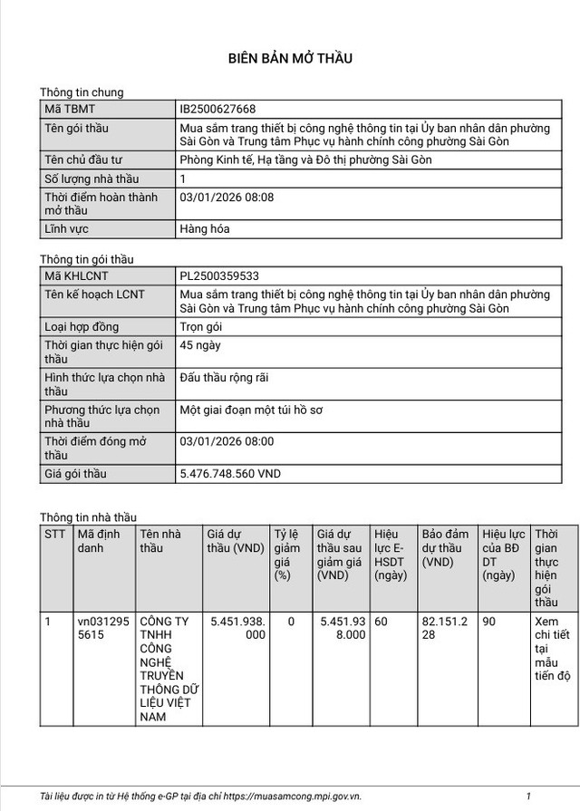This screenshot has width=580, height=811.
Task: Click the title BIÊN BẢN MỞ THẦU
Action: pos(289,59)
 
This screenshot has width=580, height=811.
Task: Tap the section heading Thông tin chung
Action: pos(82,92)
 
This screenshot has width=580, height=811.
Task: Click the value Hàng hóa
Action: pos(205,229)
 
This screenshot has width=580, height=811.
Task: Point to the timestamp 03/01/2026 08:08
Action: pos(227,197)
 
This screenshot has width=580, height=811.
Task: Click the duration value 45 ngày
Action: pos(200,345)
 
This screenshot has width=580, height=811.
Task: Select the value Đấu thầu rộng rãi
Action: pos(225,377)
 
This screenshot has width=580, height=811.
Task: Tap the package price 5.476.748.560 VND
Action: pos(230,474)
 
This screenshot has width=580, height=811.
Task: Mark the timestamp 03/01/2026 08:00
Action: pos(227,441)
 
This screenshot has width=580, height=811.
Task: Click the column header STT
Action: pos(55,535)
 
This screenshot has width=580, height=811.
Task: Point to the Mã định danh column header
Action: pos(98,541)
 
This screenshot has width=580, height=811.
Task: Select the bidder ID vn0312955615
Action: pos(103,629)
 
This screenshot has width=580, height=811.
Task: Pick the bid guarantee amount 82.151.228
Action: pos(445,629)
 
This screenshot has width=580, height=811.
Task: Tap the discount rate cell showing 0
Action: pos(291,623)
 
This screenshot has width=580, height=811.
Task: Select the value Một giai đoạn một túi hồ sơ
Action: pos(252,410)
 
